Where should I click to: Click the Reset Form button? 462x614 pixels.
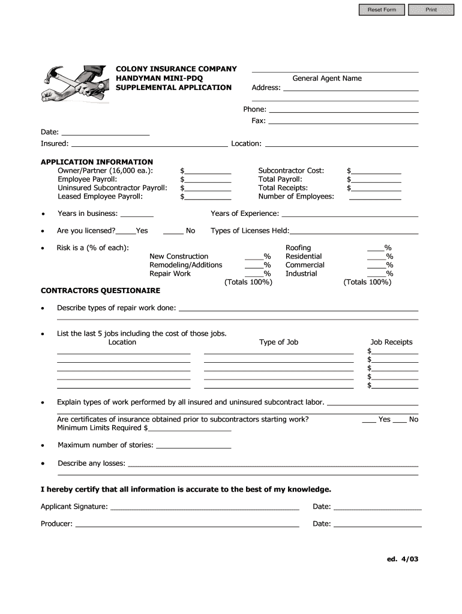click(382, 10)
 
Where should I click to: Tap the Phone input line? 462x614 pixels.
click(343, 109)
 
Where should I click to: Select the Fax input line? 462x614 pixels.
click(343, 121)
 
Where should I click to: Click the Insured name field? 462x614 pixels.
click(149, 143)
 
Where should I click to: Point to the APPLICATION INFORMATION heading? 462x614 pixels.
click(97, 162)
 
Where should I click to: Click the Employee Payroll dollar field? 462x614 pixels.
click(208, 179)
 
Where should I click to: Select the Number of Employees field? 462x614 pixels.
click(375, 196)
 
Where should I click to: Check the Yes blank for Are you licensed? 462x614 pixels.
click(125, 231)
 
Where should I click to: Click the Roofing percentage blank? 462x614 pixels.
click(376, 248)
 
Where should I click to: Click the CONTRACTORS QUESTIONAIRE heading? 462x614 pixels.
click(100, 290)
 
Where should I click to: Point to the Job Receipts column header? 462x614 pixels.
click(391, 342)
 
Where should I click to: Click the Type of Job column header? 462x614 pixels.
click(278, 342)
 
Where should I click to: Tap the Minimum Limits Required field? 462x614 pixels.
click(190, 428)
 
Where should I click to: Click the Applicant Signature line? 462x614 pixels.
click(204, 507)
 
